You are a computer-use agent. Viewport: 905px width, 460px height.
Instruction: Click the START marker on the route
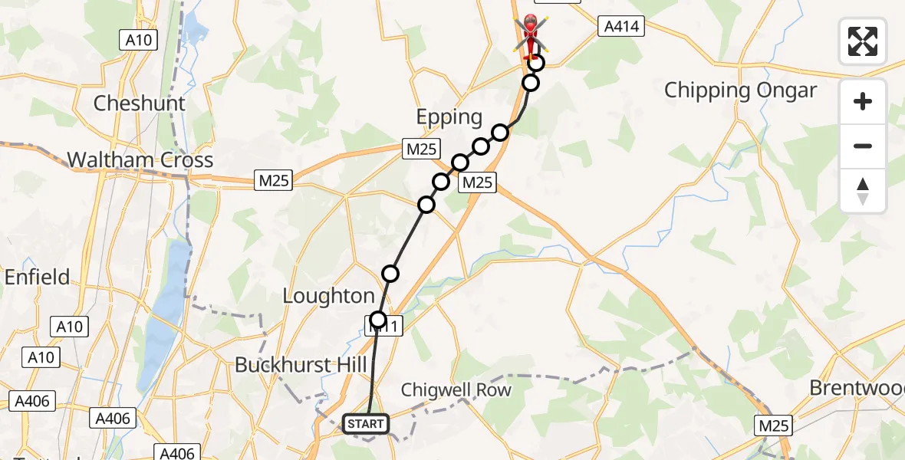[x=366, y=423]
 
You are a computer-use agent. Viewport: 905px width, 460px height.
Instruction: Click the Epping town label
[x=449, y=117]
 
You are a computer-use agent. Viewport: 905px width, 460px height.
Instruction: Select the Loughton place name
[x=328, y=296]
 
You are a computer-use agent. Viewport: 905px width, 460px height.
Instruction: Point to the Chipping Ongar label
[x=740, y=90]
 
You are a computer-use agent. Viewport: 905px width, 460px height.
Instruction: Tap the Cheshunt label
[x=139, y=103]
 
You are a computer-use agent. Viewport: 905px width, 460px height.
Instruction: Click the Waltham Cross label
[x=140, y=160]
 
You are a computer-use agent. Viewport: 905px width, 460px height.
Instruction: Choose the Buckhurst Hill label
[x=301, y=364]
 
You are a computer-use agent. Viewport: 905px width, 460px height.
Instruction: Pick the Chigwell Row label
[x=455, y=390]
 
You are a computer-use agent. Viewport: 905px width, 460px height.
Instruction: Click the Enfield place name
[x=37, y=277]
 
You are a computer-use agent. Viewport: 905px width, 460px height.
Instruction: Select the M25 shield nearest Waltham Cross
[x=273, y=181]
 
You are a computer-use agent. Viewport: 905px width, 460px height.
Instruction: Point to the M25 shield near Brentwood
[x=773, y=425]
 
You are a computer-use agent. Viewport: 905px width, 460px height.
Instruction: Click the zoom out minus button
[x=863, y=146]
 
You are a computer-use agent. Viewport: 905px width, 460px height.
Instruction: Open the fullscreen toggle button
[x=863, y=41]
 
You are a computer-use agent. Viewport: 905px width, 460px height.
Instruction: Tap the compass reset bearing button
[x=863, y=191]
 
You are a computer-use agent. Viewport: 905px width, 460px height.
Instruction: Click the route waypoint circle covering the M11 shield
[x=378, y=320]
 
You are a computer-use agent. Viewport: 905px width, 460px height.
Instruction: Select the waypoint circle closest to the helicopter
[x=537, y=64]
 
